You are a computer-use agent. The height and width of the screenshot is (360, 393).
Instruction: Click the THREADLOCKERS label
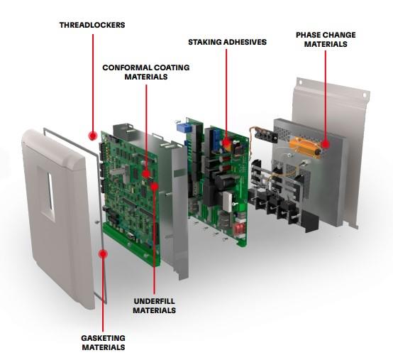(x=92, y=25)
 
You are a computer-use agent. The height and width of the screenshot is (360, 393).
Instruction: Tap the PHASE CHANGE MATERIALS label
(x=326, y=39)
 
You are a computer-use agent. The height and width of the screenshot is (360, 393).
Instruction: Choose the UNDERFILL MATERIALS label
(x=154, y=306)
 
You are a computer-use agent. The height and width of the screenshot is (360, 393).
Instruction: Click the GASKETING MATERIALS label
(x=103, y=343)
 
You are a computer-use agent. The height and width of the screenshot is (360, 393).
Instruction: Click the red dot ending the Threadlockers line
(x=92, y=135)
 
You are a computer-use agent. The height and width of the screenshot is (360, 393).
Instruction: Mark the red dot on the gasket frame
(x=104, y=253)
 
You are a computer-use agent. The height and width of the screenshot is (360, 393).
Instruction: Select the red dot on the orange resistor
(x=326, y=145)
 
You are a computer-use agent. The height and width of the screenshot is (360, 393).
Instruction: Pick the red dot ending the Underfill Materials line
(x=154, y=187)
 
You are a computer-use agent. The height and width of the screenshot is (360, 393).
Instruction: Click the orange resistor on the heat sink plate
(x=307, y=148)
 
